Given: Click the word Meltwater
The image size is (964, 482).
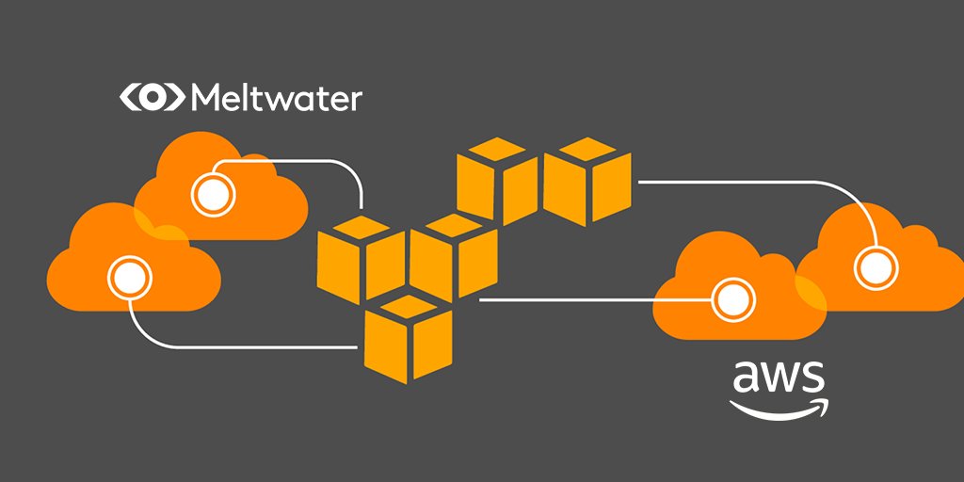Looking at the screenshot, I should (x=276, y=98).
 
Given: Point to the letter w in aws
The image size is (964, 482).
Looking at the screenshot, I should (x=779, y=378).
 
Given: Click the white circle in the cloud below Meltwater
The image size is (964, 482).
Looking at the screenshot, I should (x=211, y=196).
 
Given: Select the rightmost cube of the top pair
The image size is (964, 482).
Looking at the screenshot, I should (x=587, y=182).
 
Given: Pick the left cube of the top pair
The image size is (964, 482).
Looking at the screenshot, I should (x=498, y=182).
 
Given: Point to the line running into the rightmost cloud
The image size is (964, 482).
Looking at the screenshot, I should (x=753, y=184).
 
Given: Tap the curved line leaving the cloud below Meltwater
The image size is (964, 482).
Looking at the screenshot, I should (x=311, y=162).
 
